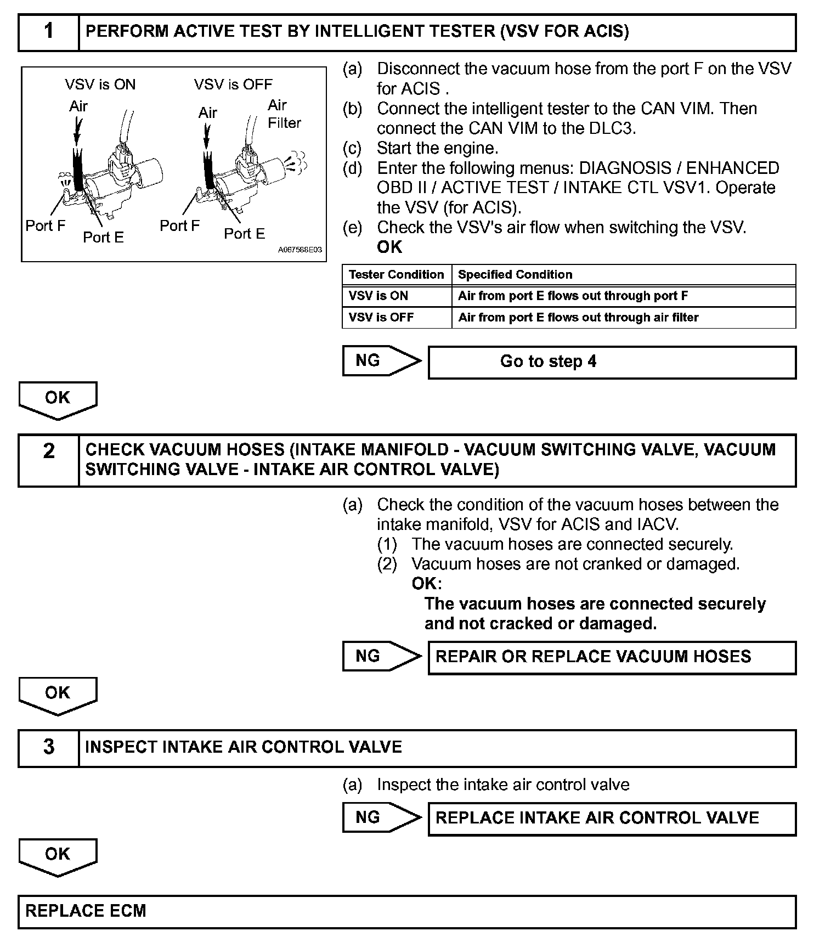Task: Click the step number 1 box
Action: [49, 32]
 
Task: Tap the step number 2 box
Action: [49, 460]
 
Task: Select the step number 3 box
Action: [49, 747]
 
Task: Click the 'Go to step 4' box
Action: [612, 362]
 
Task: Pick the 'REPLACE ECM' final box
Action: [406, 911]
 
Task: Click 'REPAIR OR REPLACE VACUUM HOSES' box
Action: [612, 657]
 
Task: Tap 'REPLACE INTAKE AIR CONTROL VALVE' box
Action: [612, 819]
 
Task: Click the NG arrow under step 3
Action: [382, 818]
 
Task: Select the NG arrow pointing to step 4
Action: [382, 361]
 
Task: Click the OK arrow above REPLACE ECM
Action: [58, 856]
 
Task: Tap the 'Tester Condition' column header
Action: [397, 274]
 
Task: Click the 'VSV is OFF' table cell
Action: [397, 318]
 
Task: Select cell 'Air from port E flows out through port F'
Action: [623, 296]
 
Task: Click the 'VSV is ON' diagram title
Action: [100, 84]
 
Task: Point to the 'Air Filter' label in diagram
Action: [284, 114]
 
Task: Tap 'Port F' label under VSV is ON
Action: [46, 225]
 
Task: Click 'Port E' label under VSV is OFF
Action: [244, 234]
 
